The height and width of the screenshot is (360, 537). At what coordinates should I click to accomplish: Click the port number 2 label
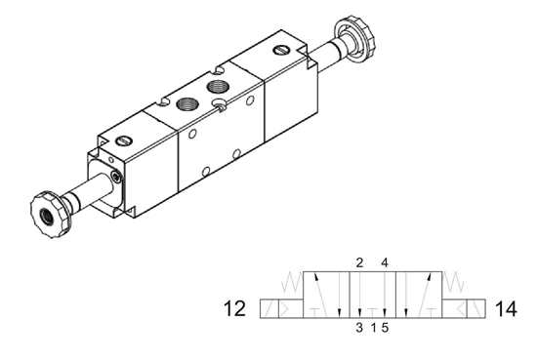click(359, 262)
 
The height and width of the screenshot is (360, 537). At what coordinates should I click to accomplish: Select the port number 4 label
click(385, 262)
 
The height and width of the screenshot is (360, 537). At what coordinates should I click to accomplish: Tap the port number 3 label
click(359, 328)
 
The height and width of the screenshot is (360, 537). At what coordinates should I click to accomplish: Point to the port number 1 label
click(373, 328)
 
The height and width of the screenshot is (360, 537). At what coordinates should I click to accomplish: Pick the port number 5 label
click(386, 328)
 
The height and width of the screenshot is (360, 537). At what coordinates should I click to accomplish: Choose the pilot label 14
click(506, 310)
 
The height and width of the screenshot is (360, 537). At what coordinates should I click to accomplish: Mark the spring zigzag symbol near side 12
click(290, 284)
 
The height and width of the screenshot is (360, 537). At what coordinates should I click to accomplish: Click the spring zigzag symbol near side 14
click(454, 284)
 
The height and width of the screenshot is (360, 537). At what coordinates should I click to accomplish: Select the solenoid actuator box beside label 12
click(280, 309)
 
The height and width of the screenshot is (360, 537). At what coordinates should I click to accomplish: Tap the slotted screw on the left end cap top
click(123, 140)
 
